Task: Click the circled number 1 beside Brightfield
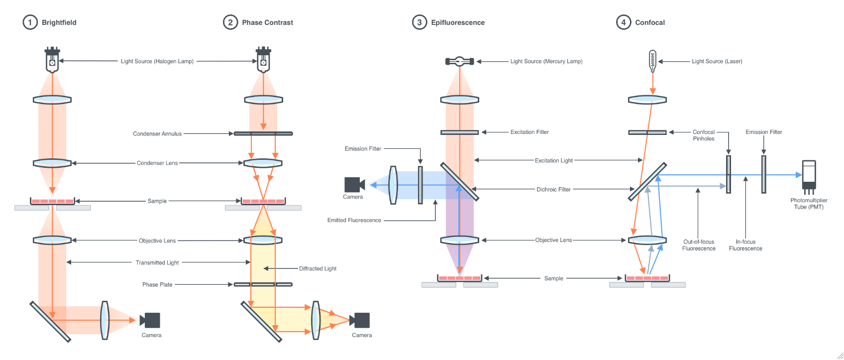(30, 22)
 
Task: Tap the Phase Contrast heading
(267, 22)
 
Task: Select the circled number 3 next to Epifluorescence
(420, 22)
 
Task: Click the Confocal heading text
(649, 22)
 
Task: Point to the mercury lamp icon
(459, 61)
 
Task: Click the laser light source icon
(652, 61)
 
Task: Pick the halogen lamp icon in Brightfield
(52, 60)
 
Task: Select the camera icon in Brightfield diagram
(150, 320)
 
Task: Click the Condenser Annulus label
(157, 134)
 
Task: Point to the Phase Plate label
(157, 285)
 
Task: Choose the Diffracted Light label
(317, 269)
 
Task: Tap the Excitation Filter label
(529, 132)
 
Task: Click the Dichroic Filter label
(553, 190)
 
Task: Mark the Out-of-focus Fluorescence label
(699, 245)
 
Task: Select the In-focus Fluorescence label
(745, 245)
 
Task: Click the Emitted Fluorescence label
(354, 220)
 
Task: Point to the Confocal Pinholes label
(704, 135)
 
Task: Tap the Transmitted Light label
(157, 262)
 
